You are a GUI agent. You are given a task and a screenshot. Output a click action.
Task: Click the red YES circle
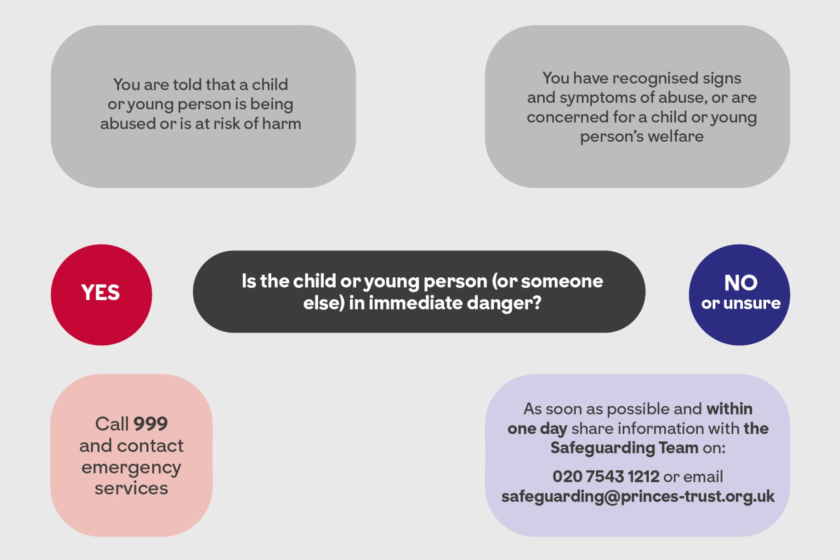[102, 295]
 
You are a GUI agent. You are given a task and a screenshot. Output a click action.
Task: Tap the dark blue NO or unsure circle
[739, 295]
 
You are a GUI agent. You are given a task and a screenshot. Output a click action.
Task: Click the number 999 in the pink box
[151, 424]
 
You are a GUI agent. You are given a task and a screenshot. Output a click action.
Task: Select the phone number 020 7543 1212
[606, 476]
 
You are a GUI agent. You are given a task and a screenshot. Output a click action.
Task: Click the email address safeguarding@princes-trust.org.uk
[638, 496]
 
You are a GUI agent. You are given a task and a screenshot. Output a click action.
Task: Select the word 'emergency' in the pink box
[131, 468]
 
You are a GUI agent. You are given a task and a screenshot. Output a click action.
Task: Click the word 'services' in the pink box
[131, 488]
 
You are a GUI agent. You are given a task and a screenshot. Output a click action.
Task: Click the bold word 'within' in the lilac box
[730, 409]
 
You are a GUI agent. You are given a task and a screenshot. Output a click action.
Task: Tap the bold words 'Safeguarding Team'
[624, 448]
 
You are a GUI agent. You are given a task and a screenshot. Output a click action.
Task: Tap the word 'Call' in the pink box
[112, 424]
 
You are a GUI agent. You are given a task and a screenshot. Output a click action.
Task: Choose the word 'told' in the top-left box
[188, 84]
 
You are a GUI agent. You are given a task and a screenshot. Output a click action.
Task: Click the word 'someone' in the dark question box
[562, 281]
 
